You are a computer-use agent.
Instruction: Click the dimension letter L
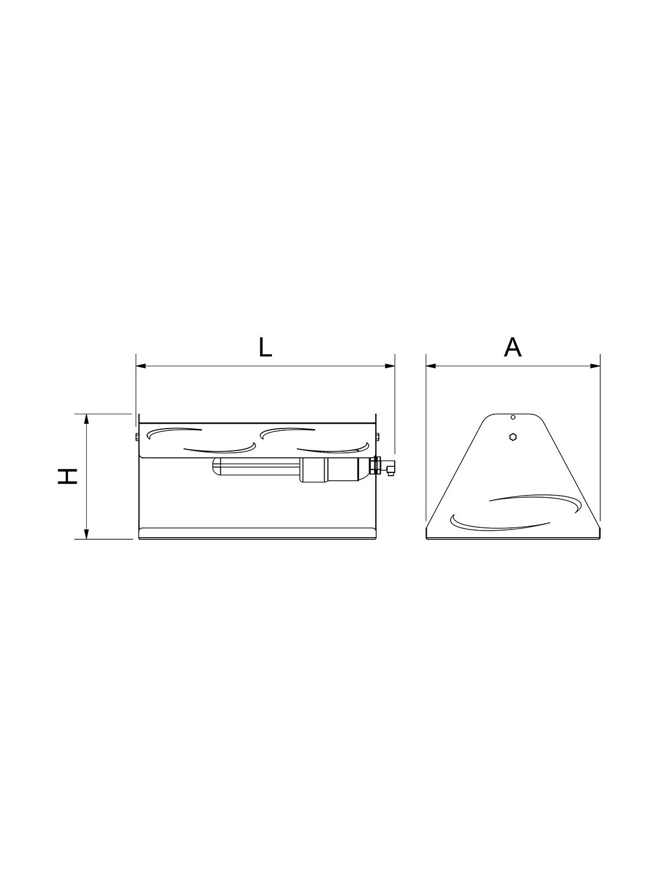tap(265, 347)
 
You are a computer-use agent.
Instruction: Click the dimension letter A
tap(513, 347)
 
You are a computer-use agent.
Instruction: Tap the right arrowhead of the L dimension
tap(389, 366)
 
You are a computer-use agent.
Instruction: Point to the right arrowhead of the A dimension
tap(595, 366)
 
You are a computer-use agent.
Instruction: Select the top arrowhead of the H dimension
tap(86, 419)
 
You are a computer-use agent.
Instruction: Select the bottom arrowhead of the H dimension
tap(86, 534)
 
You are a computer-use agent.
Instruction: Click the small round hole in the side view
tap(513, 418)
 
